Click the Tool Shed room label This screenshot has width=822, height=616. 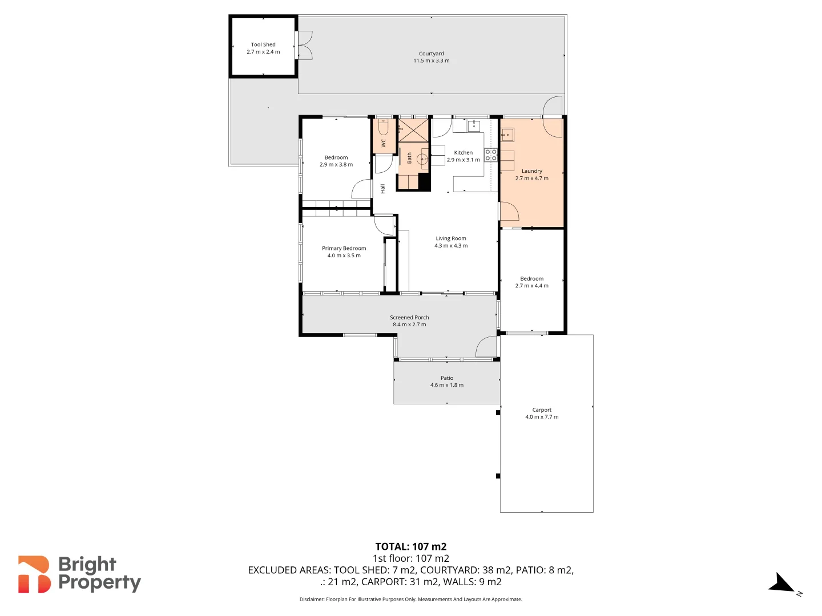point(263,44)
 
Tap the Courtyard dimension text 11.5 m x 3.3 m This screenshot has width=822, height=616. point(431,60)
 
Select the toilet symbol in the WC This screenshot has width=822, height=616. point(384,127)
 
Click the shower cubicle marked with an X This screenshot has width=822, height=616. point(413,130)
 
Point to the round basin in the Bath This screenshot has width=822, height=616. point(422,159)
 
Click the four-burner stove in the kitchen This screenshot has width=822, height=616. point(490,155)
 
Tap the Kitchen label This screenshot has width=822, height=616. point(463,152)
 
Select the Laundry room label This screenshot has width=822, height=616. point(531,171)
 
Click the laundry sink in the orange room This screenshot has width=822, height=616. point(507,135)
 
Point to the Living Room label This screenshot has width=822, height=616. point(450,238)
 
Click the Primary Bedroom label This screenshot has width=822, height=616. point(344,248)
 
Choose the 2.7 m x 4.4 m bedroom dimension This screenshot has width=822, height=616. point(531,286)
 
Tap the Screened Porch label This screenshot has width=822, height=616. point(409,317)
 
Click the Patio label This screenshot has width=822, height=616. point(446,378)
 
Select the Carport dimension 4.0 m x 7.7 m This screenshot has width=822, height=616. point(542,417)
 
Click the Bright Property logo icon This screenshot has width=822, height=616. point(34,574)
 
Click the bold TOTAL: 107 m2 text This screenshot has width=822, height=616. point(410,546)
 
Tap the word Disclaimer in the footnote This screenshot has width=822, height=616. point(312,599)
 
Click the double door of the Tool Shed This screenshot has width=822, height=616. point(304,45)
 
